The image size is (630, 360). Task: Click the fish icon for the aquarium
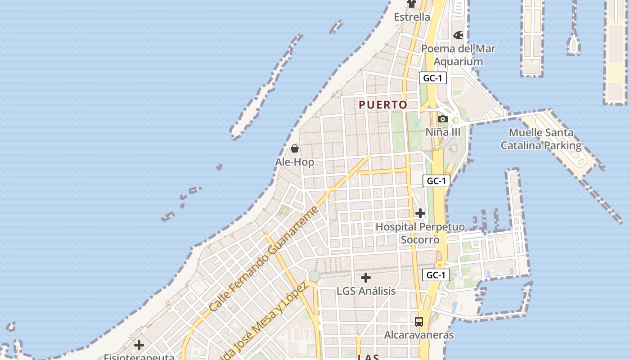pos(458,35)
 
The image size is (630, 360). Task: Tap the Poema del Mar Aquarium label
pos(458,55)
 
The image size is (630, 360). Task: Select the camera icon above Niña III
pos(443,119)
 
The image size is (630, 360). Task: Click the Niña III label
pos(443,132)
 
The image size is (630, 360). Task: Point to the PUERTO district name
pos(383,105)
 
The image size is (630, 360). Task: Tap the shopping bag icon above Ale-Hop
pos(295,148)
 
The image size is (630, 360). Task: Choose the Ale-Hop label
pos(295,162)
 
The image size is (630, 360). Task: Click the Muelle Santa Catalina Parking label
pos(541,139)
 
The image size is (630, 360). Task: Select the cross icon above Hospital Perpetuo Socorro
pos(420,213)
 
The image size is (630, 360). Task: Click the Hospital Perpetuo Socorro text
pos(420,233)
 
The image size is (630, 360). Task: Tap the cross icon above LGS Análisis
pos(366,278)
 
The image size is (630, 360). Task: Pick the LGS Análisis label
pos(366,291)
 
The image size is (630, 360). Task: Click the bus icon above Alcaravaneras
pos(419,322)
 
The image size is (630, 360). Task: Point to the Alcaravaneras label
pos(418,335)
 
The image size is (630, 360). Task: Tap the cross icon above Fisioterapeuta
pos(139,345)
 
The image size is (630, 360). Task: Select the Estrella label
pos(412,17)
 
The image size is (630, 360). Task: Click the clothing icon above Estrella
pos(412,4)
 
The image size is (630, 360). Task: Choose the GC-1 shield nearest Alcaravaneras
pos(436,275)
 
